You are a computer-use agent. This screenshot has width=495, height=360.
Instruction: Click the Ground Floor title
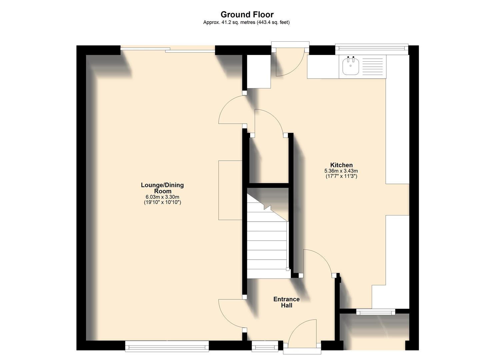247,14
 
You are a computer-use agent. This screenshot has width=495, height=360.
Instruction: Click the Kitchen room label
341,165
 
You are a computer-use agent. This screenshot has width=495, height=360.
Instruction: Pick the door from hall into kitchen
318,262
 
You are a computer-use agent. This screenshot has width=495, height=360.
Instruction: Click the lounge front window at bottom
167,346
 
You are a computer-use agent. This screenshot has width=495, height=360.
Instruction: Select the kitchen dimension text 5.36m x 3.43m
341,171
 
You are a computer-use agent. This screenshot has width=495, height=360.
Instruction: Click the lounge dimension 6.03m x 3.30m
162,197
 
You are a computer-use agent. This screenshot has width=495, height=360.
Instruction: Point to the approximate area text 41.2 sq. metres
246,22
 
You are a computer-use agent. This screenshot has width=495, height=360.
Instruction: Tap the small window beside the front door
265,346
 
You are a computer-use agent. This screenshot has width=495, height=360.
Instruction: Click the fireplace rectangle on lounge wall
230,190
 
